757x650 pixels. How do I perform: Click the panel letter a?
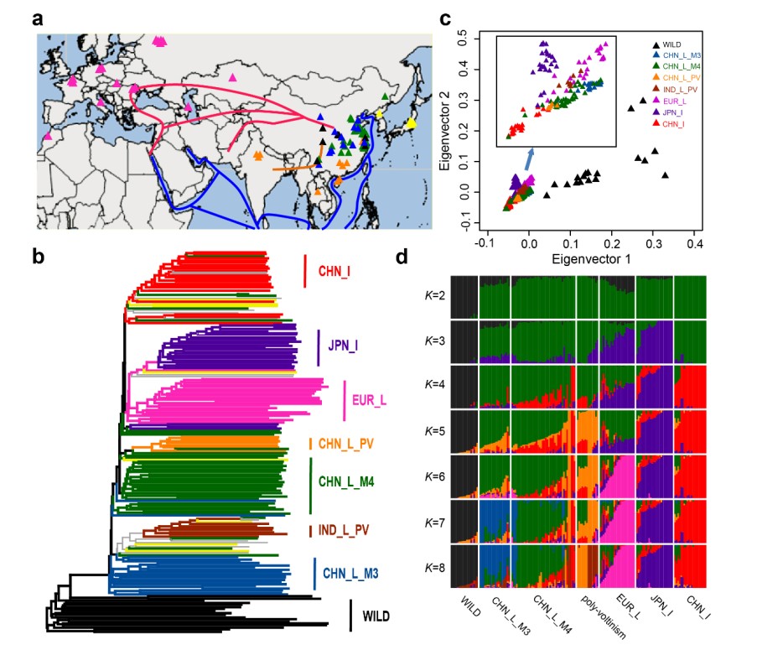pos(39,18)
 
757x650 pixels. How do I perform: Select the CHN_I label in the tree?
pos(338,273)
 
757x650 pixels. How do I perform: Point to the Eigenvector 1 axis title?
pos(588,261)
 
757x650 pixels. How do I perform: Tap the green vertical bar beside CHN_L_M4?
pos(311,484)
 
